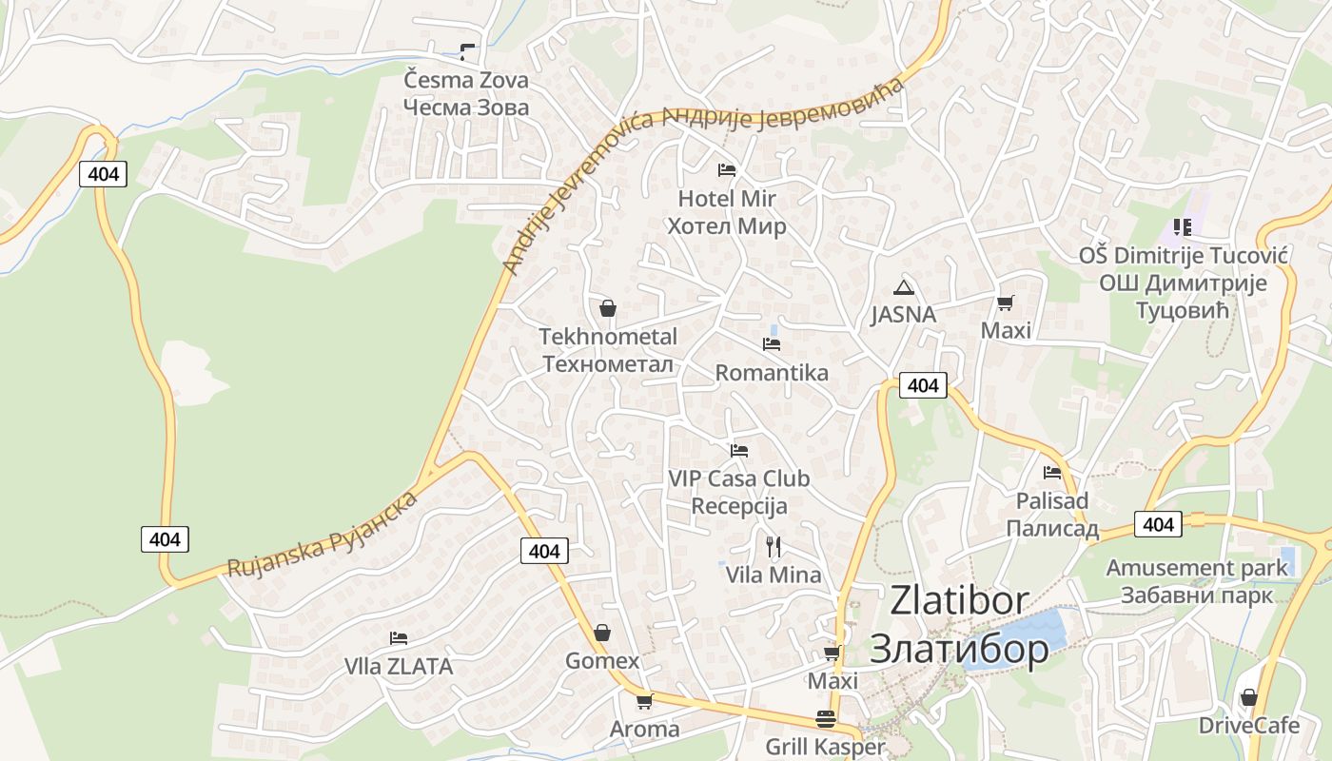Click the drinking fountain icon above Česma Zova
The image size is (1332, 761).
[x=466, y=51]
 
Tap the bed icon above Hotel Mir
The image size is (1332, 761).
[x=726, y=170]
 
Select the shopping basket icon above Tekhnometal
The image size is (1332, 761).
[x=608, y=308]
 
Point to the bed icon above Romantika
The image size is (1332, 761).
[x=771, y=343]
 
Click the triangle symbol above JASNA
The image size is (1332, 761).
[x=903, y=287]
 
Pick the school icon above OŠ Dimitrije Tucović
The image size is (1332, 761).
[x=1182, y=227]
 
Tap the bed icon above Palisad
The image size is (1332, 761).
[x=1051, y=472]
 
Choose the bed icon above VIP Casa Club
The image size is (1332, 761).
[x=738, y=450]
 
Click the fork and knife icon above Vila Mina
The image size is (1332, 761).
[x=773, y=547]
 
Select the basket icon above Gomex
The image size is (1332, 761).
[x=601, y=633]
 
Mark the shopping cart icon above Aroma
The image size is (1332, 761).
[x=644, y=702]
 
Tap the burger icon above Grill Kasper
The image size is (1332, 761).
[x=825, y=720]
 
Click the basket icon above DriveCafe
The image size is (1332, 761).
[x=1248, y=697]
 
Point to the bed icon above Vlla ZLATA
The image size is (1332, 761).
[x=398, y=638]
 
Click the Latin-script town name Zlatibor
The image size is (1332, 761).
[x=959, y=600]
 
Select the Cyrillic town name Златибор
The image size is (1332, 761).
[x=959, y=649]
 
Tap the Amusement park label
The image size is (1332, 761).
[x=1196, y=568]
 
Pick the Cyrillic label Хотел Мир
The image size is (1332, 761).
[x=726, y=226]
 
